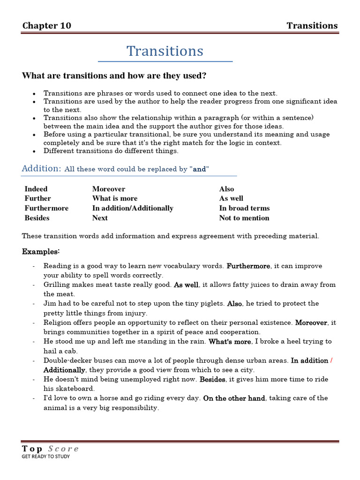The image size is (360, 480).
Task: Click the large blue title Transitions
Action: point(165,51)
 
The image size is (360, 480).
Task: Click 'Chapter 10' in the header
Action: point(47,26)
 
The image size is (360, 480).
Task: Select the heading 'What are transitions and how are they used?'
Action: point(114,76)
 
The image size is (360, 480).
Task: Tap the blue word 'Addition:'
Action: point(42,168)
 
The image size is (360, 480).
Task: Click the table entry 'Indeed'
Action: point(36,189)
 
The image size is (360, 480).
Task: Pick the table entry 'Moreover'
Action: point(109,189)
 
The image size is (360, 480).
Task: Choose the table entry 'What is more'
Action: point(115,198)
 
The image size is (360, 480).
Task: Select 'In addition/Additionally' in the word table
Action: point(133,208)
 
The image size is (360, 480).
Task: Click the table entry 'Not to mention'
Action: point(244,218)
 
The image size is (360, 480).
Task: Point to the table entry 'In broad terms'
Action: point(244,208)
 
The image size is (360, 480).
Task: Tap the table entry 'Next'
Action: point(100,218)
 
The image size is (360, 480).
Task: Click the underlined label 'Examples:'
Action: point(41,252)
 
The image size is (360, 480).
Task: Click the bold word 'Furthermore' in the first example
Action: point(248,266)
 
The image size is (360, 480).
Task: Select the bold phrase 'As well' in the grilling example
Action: point(186,285)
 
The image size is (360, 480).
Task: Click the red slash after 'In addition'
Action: point(331,360)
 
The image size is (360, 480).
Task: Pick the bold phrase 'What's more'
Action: point(230,342)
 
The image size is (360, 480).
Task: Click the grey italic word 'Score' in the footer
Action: point(63,449)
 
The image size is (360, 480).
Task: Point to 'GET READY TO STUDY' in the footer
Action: point(46,457)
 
